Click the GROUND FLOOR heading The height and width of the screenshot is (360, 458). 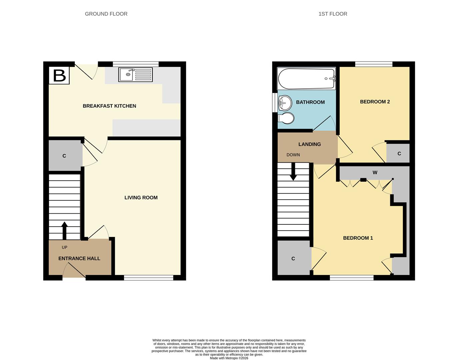click(x=106, y=14)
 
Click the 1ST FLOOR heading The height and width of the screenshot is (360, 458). click(x=333, y=14)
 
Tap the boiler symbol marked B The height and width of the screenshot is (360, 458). click(x=59, y=76)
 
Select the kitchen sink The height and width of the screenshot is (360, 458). click(x=135, y=75)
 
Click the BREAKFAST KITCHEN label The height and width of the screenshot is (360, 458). click(x=109, y=106)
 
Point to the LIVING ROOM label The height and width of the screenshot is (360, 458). click(x=141, y=198)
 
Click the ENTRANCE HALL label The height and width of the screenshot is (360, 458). click(x=79, y=258)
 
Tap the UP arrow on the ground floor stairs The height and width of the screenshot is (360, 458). click(x=64, y=230)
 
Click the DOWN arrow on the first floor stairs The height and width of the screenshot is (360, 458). click(x=293, y=172)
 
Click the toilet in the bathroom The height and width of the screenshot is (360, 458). click(x=286, y=118)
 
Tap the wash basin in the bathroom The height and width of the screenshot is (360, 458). click(x=284, y=102)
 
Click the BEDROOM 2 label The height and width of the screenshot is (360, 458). click(x=375, y=102)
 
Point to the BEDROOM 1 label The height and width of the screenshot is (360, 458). click(x=358, y=238)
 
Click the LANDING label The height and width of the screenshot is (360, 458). click(x=310, y=144)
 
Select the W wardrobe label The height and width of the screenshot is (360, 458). click(x=375, y=173)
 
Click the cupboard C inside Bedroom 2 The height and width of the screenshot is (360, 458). click(x=399, y=154)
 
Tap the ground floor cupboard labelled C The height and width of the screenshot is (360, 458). click(x=64, y=156)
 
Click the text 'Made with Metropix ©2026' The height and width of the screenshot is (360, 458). click(x=229, y=358)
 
